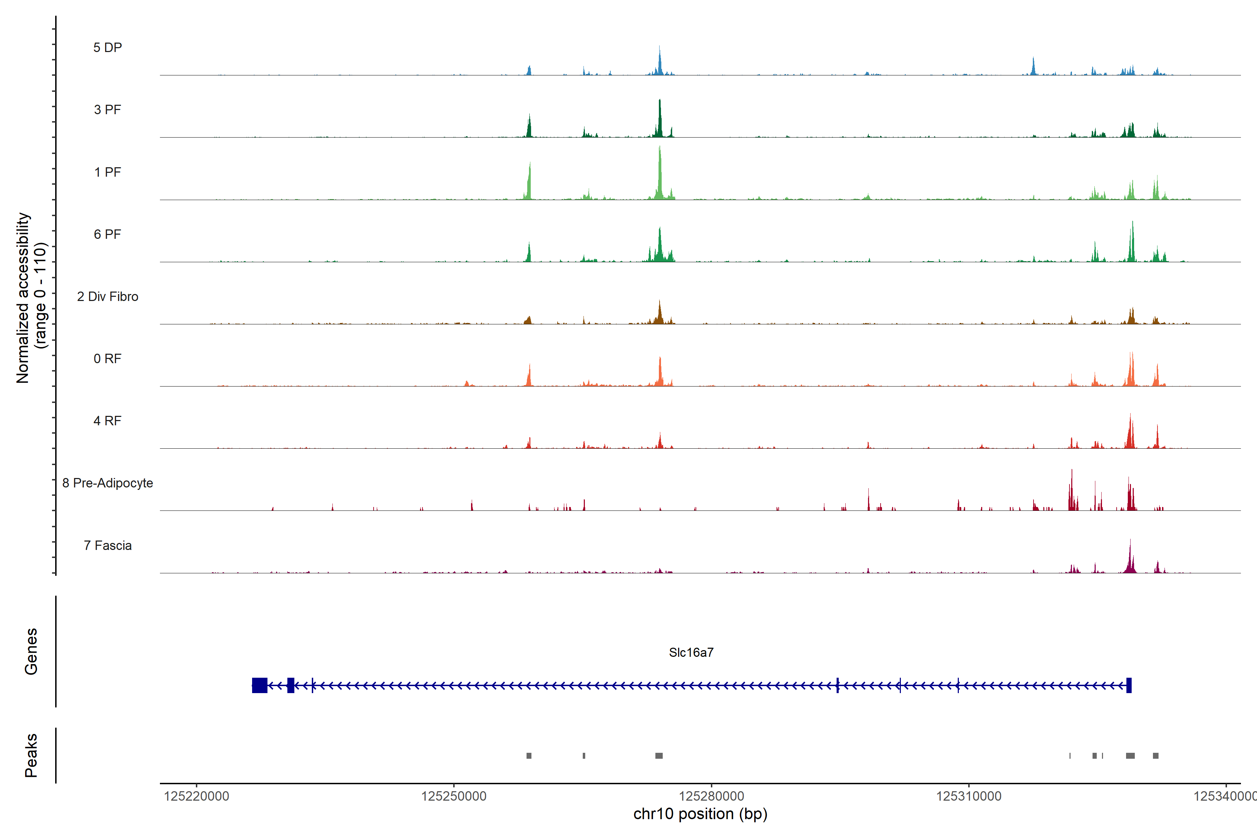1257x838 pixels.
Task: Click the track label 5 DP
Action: point(108,47)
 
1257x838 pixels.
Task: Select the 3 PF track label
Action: point(108,110)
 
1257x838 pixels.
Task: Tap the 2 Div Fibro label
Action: point(108,296)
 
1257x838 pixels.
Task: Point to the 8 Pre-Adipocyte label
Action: point(108,483)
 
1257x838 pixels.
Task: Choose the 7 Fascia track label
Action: point(108,546)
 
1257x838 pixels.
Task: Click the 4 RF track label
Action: point(108,421)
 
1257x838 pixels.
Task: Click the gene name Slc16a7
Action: point(691,653)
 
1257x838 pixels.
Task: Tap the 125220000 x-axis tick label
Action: point(196,796)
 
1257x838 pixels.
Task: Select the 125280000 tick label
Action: point(711,796)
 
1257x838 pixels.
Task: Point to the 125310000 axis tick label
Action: point(968,796)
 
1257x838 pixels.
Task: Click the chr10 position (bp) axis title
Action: point(700,814)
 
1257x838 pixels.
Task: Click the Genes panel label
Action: point(31,652)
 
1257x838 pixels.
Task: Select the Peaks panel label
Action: point(31,755)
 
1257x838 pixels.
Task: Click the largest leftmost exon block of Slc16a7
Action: point(260,685)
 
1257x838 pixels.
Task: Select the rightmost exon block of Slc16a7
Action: point(1129,685)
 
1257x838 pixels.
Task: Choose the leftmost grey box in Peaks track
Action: point(529,756)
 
